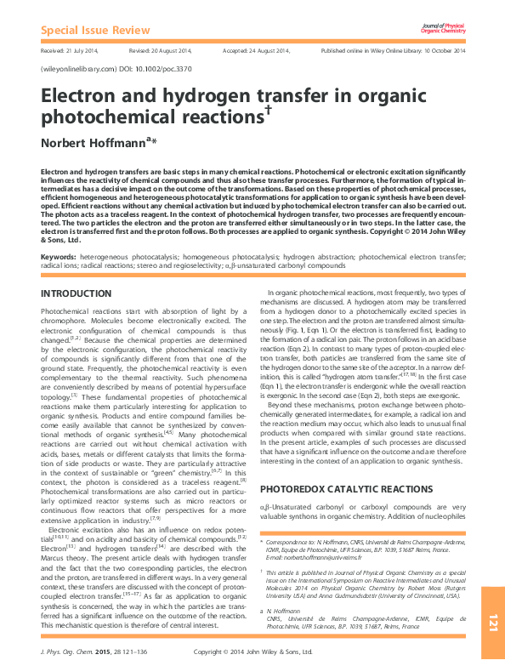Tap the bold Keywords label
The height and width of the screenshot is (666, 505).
coord(59,256)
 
